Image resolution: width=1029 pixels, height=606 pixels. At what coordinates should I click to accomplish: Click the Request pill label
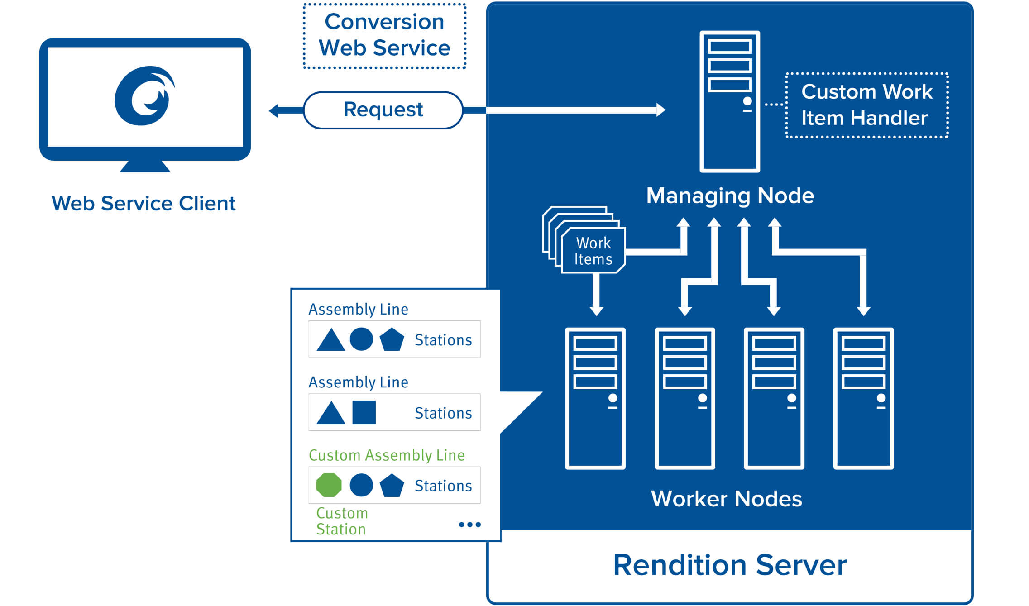[383, 110]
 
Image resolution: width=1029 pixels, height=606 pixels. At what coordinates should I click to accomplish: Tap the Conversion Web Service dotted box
[384, 36]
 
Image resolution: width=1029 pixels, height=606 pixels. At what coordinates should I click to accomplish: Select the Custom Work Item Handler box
[867, 105]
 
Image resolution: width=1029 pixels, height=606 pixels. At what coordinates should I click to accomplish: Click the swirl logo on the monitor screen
[145, 95]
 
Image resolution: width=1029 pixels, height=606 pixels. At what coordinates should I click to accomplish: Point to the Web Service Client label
[144, 203]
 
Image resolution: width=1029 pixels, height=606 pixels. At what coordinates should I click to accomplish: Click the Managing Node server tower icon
[730, 101]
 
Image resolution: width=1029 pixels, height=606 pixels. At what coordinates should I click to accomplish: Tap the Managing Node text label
[730, 196]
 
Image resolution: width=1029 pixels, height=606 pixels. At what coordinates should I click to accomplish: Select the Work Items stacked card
[584, 240]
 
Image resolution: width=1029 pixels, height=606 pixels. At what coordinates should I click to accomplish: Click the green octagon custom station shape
[329, 485]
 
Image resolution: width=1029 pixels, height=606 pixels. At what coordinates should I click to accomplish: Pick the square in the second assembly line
[364, 412]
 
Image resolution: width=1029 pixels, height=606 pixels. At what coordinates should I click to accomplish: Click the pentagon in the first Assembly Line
[392, 339]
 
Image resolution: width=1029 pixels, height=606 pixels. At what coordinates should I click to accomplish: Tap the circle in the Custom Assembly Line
[361, 485]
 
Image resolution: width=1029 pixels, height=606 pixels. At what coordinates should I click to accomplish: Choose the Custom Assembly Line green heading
[387, 455]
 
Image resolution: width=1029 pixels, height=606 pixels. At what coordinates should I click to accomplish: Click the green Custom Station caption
[342, 521]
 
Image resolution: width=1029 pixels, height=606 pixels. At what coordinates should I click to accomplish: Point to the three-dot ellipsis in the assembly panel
[470, 525]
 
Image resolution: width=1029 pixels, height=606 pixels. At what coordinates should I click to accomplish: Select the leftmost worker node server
[595, 398]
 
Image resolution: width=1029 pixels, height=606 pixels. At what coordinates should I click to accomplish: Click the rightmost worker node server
[864, 398]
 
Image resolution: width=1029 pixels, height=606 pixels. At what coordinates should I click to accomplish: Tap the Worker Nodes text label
[727, 499]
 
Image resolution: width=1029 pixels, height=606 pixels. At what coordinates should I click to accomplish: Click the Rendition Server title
[730, 565]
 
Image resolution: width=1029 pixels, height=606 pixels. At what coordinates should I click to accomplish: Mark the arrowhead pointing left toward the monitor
[273, 110]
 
